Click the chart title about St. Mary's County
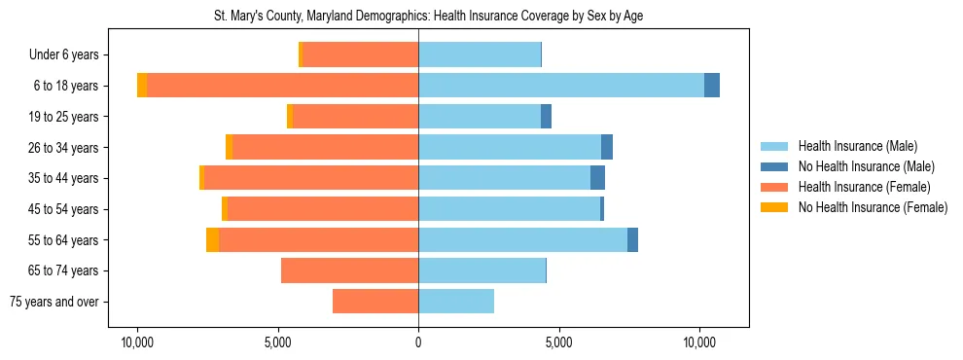point(428,17)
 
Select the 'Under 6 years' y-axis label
point(69,54)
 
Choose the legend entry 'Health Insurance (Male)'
point(857,146)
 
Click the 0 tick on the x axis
point(418,343)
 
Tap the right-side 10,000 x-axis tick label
point(699,343)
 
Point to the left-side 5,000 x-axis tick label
point(278,343)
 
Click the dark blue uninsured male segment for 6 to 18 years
point(712,86)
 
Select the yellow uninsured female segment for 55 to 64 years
point(212,240)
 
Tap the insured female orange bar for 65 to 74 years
point(350,270)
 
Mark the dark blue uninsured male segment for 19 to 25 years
point(546,117)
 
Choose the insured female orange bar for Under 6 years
point(360,54)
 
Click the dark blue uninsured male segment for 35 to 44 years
point(597,178)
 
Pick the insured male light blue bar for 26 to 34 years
point(510,147)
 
